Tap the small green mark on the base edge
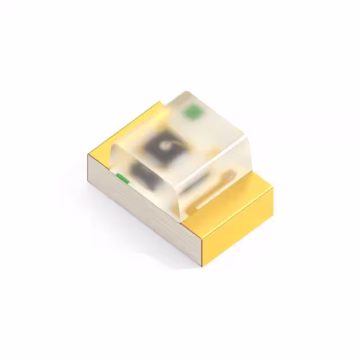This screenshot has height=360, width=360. point(122,179)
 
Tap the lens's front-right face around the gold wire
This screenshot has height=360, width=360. point(217,174)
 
